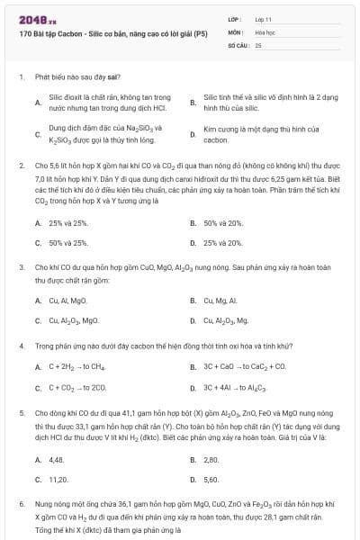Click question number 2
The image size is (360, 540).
(x=21, y=166)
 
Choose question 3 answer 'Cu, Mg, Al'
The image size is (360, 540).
(x=221, y=300)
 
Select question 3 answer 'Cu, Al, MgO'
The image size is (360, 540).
(x=67, y=300)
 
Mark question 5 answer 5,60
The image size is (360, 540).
(x=211, y=480)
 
